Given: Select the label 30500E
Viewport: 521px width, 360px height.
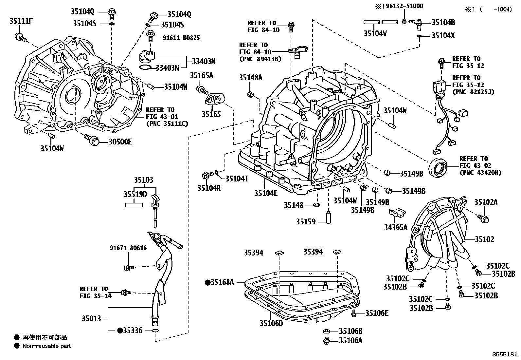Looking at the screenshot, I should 120,142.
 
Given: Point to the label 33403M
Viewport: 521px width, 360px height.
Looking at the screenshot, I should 204,61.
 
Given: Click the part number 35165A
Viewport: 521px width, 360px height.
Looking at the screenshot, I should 202,76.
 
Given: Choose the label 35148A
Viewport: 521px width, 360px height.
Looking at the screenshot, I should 250,78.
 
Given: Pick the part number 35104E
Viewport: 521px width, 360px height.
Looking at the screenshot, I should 266,193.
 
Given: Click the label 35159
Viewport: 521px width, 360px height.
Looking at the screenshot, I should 306,222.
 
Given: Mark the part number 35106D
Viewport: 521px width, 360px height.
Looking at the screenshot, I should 271,323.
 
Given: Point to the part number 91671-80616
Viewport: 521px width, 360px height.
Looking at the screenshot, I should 128,248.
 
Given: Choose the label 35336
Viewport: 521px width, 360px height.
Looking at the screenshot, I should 133,331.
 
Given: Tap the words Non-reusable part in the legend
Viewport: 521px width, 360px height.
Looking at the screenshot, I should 47,346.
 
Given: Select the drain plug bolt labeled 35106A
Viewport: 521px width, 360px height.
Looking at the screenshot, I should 326,341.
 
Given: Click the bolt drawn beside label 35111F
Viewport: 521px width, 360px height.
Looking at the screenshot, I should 19,37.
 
